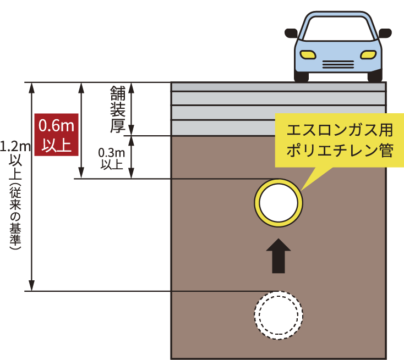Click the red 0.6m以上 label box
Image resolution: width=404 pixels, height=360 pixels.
coord(57,135)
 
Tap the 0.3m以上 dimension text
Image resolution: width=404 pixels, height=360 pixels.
coord(112,159)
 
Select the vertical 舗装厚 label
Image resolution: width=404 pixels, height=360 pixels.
coord(118,109)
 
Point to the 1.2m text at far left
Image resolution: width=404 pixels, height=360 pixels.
coord(15,147)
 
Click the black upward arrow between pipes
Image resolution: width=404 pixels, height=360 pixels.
coord(279,256)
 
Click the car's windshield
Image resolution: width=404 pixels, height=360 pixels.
coord(338,29)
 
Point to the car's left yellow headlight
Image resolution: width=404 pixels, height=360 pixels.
coord(308,54)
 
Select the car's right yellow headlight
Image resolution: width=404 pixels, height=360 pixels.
coord(368,54)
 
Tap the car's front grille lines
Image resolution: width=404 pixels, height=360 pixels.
coord(338,64)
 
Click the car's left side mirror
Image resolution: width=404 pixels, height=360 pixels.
coord(291,33)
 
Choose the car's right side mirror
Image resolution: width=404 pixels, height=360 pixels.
coord(385,33)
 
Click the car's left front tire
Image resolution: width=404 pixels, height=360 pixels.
coord(301,76)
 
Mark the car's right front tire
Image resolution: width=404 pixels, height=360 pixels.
coord(375,76)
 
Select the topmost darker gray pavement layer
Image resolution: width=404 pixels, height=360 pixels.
coord(279,87)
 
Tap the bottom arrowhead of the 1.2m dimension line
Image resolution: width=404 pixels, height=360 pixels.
coord(31,286)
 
